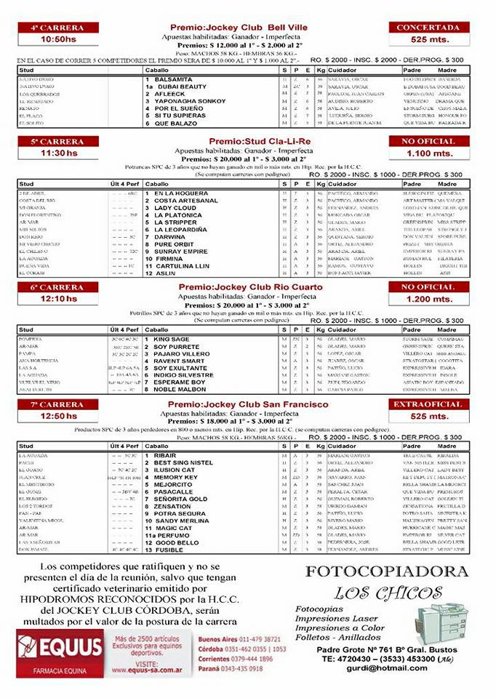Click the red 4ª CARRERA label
pos(57,28)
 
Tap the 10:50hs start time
pos(59,40)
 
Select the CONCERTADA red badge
pos(428,28)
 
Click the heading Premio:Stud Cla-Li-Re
pos(239,141)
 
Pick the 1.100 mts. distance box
pos(428,153)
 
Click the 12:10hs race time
pos(59,299)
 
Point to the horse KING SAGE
pos(172,339)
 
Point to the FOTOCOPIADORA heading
pos(385,571)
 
